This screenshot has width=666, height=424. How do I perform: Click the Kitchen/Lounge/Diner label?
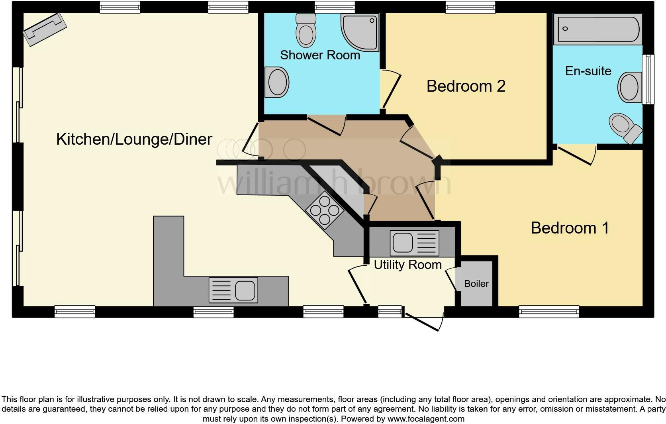134,139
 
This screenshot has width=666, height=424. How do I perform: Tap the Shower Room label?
320,55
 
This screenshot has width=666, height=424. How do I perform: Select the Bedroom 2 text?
466,86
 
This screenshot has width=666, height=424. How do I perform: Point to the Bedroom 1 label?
570,228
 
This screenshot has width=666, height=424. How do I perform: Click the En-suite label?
588,71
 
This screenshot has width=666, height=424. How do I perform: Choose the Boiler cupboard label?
476,284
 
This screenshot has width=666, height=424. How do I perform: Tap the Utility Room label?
407,265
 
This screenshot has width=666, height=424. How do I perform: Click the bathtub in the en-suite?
597,29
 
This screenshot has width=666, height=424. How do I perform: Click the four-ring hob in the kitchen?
324,210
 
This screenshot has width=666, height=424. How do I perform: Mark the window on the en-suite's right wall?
648,79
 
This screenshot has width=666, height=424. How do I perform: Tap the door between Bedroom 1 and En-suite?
576,155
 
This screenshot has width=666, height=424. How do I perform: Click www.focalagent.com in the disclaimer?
426,419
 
